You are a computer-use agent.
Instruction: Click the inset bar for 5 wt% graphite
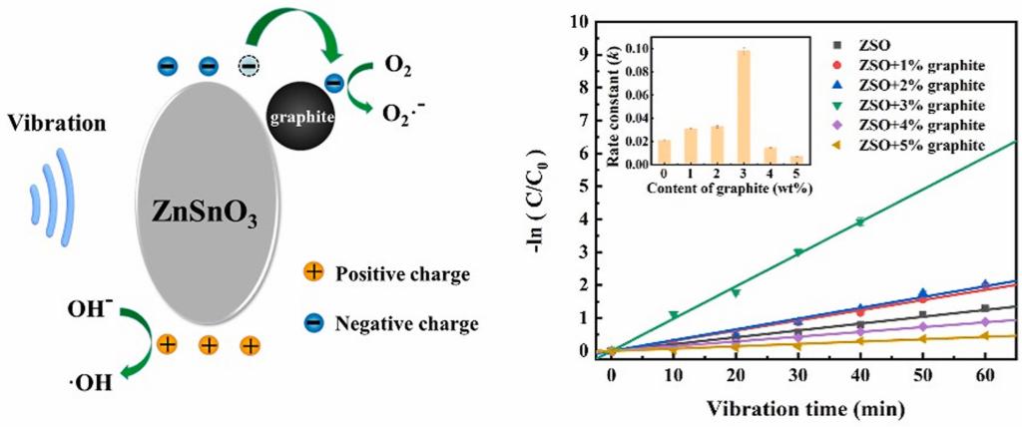coord(795,158)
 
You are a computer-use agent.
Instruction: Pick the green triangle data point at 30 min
coord(797,252)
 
